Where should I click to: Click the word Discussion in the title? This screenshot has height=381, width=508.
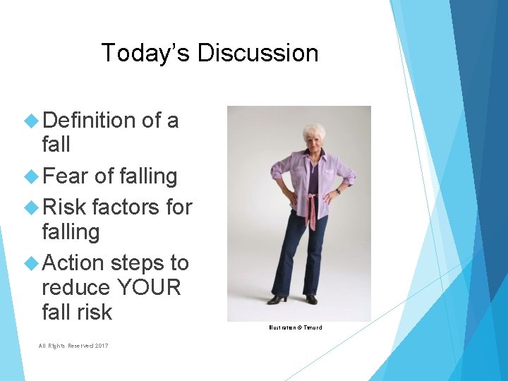(258, 53)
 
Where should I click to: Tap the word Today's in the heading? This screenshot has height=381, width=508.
(145, 53)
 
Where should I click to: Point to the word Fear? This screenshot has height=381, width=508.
(66, 176)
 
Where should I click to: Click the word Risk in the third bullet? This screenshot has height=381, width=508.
(64, 207)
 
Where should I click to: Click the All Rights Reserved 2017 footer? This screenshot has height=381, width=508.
(73, 345)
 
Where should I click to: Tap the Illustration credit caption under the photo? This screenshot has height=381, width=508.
(295, 327)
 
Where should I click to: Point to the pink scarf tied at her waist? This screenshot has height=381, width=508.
(310, 209)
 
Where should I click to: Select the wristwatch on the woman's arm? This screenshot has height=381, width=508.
(339, 191)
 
